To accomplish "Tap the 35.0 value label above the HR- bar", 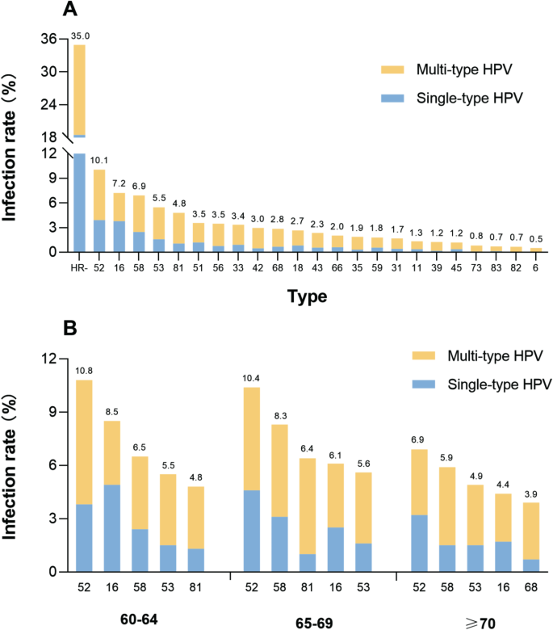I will tap(79, 36).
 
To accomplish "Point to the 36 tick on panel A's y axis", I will tap(48, 39).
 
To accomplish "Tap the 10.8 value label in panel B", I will tap(84, 372).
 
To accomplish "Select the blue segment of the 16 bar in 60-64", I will tap(112, 527).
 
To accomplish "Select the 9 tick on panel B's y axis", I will tap(51, 412).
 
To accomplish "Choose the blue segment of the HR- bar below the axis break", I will tap(79, 202).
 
